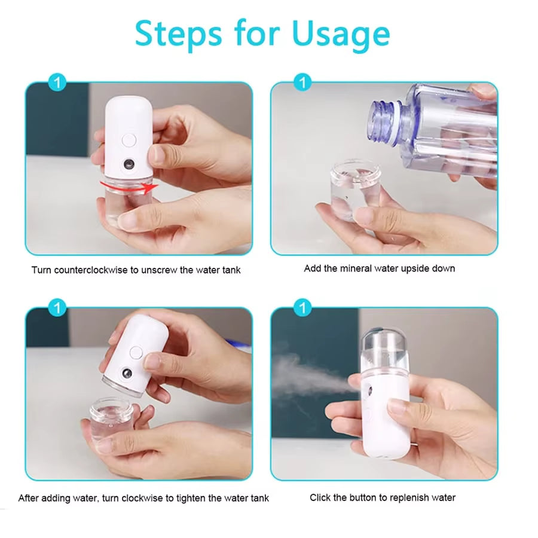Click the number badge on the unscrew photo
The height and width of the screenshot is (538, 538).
[57, 83]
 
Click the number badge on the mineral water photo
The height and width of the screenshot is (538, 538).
[303, 83]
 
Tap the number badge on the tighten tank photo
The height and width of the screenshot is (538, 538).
[57, 308]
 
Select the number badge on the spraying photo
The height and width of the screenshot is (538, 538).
[303, 308]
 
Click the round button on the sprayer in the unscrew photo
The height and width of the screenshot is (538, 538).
[128, 142]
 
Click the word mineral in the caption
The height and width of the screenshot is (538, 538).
[356, 268]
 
